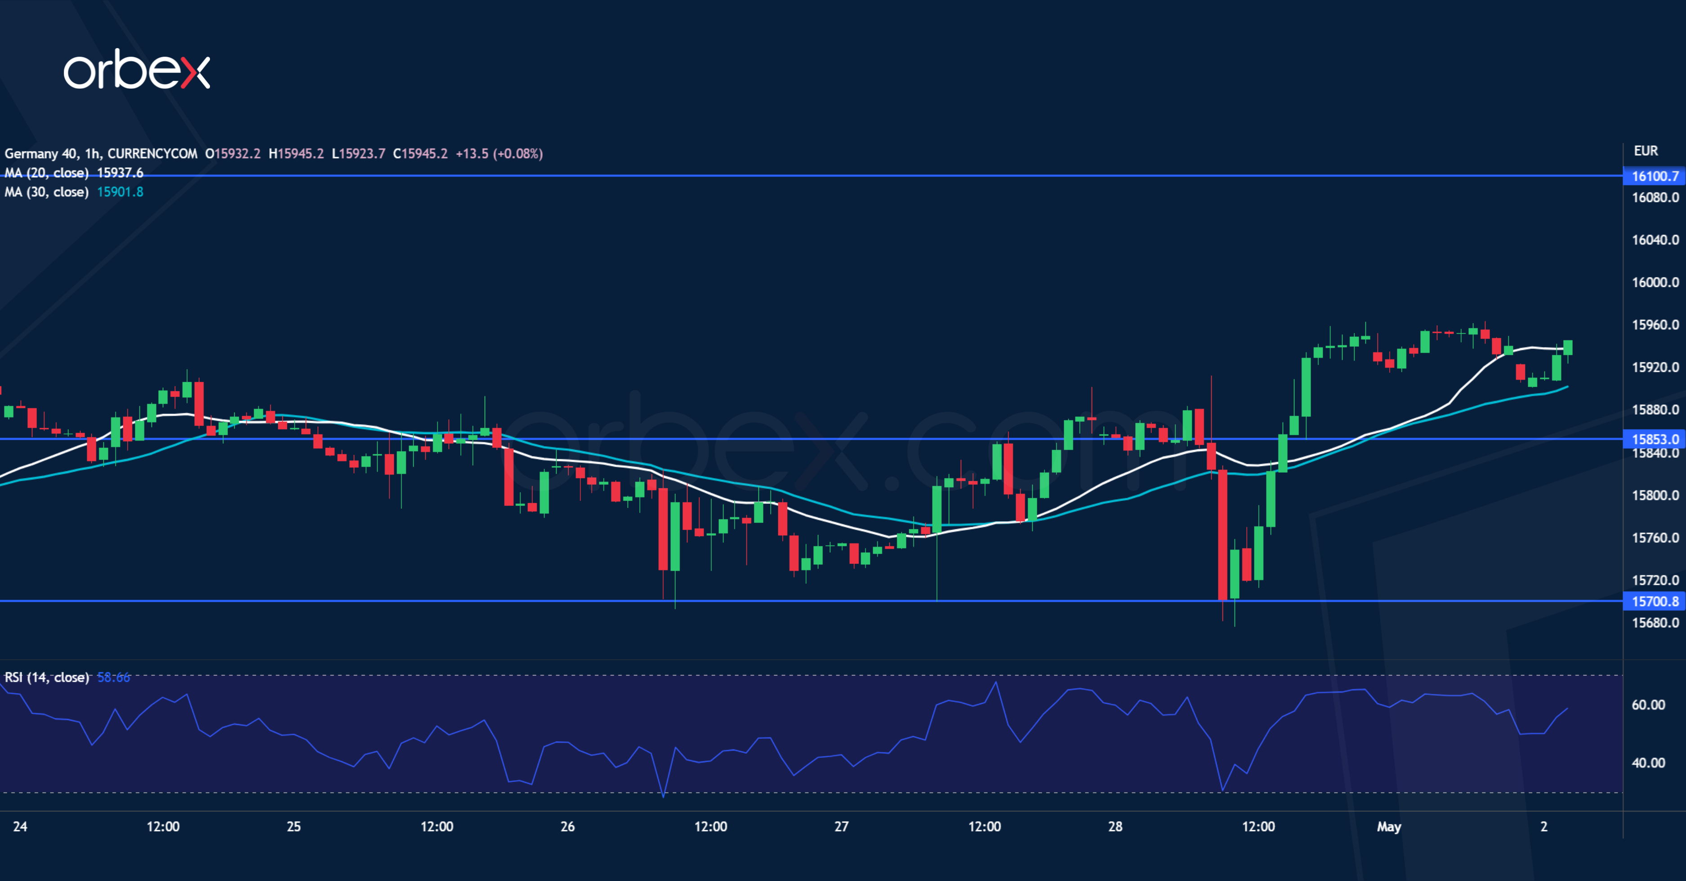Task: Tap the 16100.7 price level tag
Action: pyautogui.click(x=1655, y=176)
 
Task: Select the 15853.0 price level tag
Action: pyautogui.click(x=1655, y=439)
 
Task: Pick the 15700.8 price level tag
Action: pyautogui.click(x=1655, y=601)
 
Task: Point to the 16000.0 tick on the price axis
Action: pyautogui.click(x=1655, y=282)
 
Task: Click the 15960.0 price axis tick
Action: pyautogui.click(x=1655, y=325)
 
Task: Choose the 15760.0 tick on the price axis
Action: pyautogui.click(x=1655, y=537)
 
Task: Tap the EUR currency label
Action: pyautogui.click(x=1646, y=151)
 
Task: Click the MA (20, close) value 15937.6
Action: pyautogui.click(x=120, y=173)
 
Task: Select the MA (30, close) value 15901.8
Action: pyautogui.click(x=120, y=192)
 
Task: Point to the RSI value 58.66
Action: pyautogui.click(x=113, y=677)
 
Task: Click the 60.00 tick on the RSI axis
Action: pyautogui.click(x=1648, y=705)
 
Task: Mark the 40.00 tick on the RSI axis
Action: pyautogui.click(x=1648, y=763)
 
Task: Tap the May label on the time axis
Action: pyautogui.click(x=1389, y=826)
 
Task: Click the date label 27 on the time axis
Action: pyautogui.click(x=841, y=826)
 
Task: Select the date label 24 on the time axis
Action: pyautogui.click(x=20, y=826)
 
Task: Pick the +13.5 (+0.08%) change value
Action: pyautogui.click(x=499, y=154)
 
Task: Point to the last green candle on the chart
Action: pyautogui.click(x=1568, y=348)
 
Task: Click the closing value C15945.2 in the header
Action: pyautogui.click(x=420, y=154)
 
